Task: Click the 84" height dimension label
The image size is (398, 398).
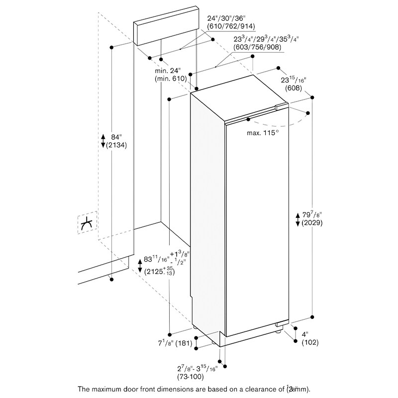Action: pyautogui.click(x=116, y=137)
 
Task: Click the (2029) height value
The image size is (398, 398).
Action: pyautogui.click(x=311, y=223)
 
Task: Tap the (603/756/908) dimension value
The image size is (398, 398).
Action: pyautogui.click(x=257, y=47)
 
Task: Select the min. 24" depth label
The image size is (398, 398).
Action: pyautogui.click(x=170, y=70)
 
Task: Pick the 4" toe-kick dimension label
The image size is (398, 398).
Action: pyautogui.click(x=305, y=334)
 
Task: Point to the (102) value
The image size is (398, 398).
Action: pyautogui.click(x=309, y=342)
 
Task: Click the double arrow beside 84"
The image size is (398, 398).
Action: pyautogui.click(x=103, y=141)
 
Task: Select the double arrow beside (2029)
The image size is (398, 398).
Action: pyautogui.click(x=298, y=219)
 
